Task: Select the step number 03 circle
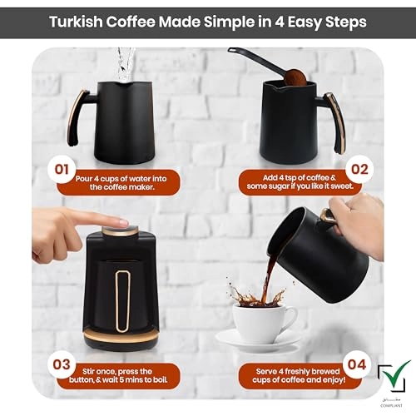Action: pyautogui.click(x=61, y=364)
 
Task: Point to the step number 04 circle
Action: pyautogui.click(x=354, y=364)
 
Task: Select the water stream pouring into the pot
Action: pyautogui.click(x=126, y=62)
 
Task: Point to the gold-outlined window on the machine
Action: pyautogui.click(x=123, y=295)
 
